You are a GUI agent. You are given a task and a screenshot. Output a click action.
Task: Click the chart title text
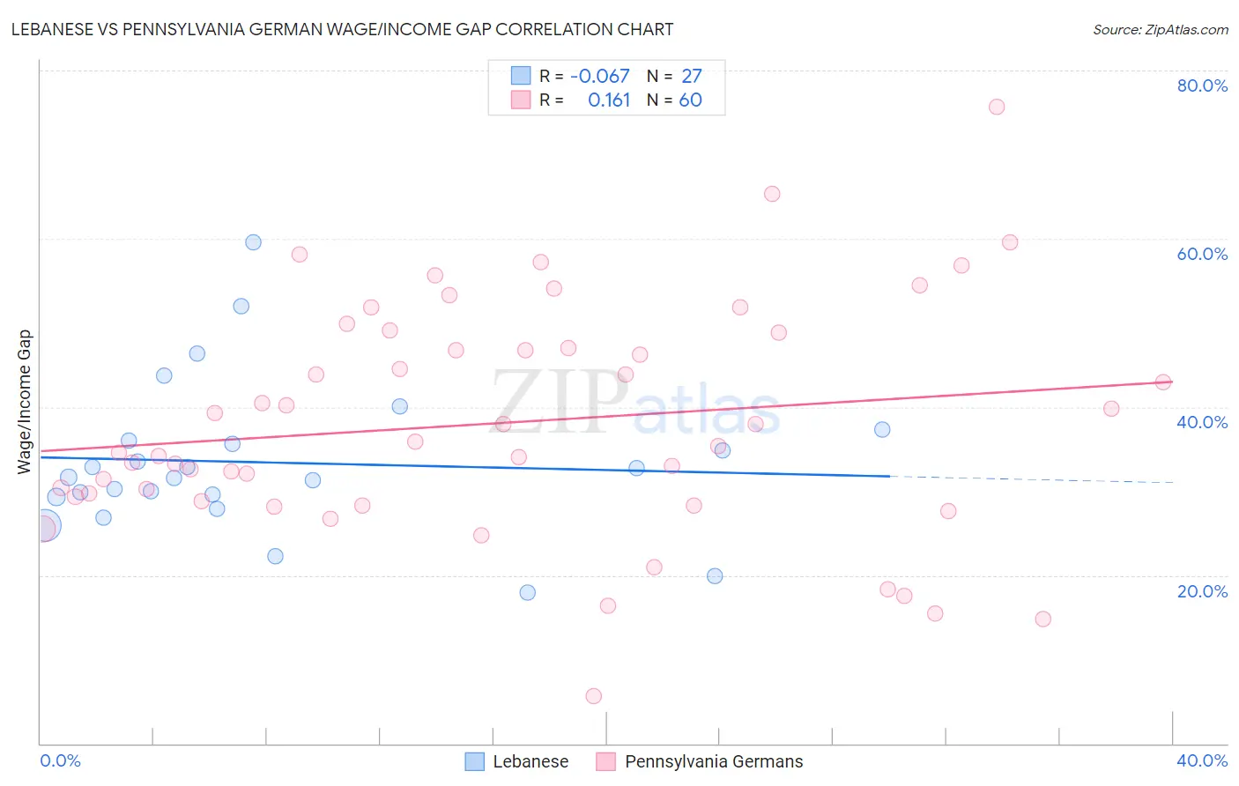342,30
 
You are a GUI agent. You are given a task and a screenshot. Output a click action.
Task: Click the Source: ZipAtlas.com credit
1160,30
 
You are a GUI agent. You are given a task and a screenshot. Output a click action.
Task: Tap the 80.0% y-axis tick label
1202,85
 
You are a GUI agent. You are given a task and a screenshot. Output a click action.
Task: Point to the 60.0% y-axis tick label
1202,254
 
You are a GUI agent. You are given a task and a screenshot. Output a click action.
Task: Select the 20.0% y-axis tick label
1202,591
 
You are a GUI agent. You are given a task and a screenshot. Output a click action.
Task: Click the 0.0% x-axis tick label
60,760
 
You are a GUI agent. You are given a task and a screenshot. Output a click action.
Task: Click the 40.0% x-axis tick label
1202,760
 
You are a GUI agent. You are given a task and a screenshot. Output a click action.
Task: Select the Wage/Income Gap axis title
25,402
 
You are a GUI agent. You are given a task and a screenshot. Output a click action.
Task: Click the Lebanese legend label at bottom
530,761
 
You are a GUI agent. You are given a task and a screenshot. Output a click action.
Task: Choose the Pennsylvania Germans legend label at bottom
714,761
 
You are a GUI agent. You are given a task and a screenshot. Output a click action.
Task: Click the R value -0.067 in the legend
599,77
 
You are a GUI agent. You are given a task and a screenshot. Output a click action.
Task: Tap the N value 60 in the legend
690,100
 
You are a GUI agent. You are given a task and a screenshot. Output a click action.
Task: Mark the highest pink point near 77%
997,107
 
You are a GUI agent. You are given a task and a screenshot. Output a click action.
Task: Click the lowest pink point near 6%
594,696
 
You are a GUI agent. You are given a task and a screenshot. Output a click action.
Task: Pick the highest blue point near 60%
253,242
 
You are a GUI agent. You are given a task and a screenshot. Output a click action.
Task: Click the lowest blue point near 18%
528,592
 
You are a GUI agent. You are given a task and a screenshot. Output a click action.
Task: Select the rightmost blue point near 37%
882,430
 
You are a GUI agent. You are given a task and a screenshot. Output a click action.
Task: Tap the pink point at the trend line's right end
1163,382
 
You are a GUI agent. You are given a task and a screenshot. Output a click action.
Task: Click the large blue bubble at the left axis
45,527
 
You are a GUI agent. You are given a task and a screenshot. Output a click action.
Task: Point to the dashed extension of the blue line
1031,479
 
